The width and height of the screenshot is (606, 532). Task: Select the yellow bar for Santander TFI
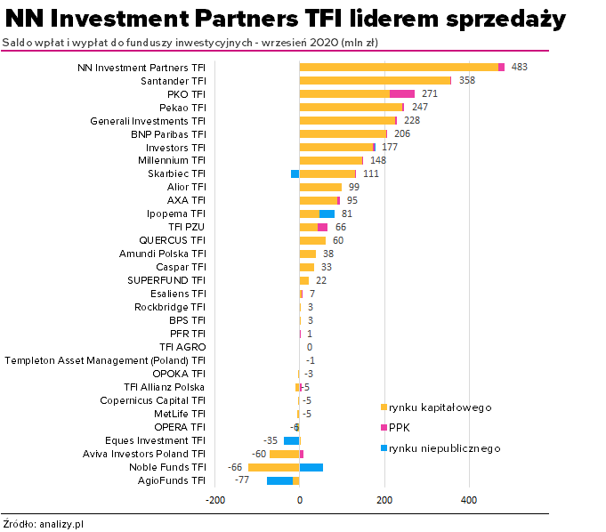pyautogui.click(x=374, y=80)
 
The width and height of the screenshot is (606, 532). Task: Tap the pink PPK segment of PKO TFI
pyautogui.click(x=402, y=93)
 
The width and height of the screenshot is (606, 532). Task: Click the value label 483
pyautogui.click(x=520, y=67)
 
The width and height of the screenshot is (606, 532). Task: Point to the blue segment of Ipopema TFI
pyautogui.click(x=327, y=214)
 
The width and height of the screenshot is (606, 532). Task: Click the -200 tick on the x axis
pyautogui.click(x=214, y=499)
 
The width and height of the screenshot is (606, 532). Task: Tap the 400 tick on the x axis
pyautogui.click(x=469, y=499)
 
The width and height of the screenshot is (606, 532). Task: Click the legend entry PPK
pyautogui.click(x=400, y=428)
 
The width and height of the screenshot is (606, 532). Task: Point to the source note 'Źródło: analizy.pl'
pyautogui.click(x=43, y=524)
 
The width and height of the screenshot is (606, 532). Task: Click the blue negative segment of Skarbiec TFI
pyautogui.click(x=295, y=173)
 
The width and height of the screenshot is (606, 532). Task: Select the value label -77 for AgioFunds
pyautogui.click(x=241, y=480)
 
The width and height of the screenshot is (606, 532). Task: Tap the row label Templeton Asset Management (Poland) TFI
pyautogui.click(x=105, y=360)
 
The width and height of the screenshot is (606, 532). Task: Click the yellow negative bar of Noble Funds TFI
pyautogui.click(x=273, y=467)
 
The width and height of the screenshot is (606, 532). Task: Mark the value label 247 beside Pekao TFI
pyautogui.click(x=420, y=107)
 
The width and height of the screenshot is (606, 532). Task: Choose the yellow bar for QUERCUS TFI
pyautogui.click(x=312, y=240)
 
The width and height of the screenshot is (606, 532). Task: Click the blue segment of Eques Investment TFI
pyautogui.click(x=291, y=440)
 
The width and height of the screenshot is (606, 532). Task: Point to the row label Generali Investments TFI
pyautogui.click(x=148, y=120)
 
